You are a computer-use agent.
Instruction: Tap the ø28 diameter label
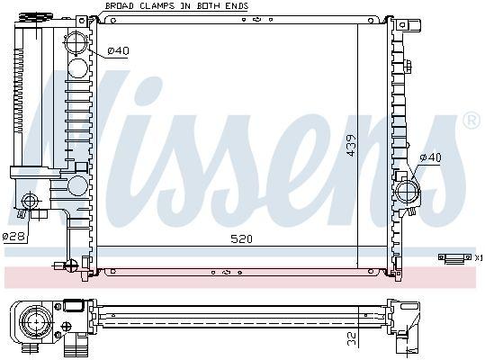coord(12,236)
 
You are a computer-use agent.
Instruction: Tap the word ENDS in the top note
coord(237,5)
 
